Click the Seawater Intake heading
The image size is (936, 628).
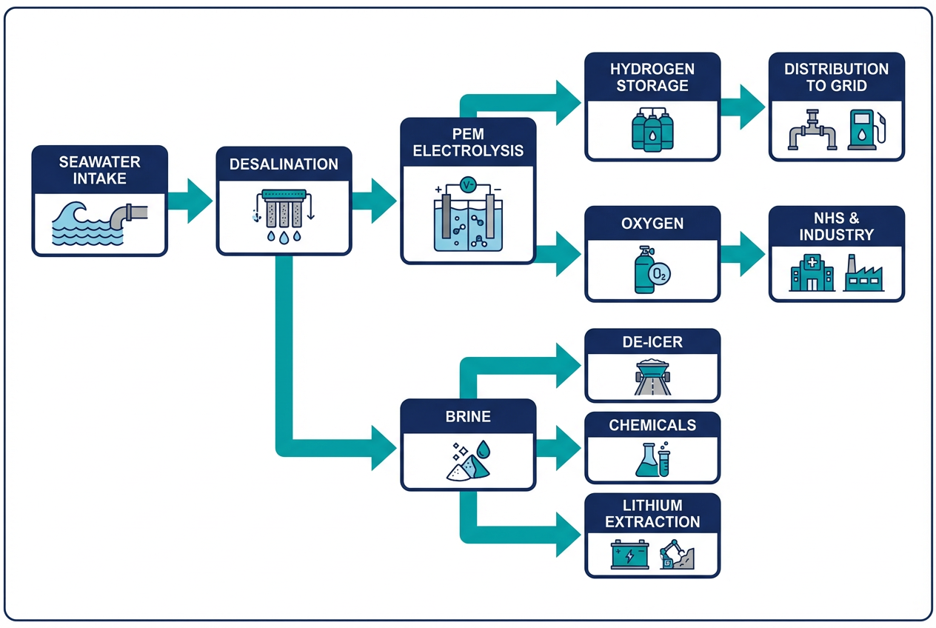(x=99, y=170)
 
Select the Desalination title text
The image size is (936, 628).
(x=284, y=164)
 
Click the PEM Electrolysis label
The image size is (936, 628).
(x=467, y=142)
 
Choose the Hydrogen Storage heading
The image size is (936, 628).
(x=652, y=77)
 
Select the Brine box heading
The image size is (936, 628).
(x=467, y=416)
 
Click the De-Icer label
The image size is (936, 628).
(x=652, y=342)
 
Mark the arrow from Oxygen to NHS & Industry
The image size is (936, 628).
(x=743, y=254)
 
